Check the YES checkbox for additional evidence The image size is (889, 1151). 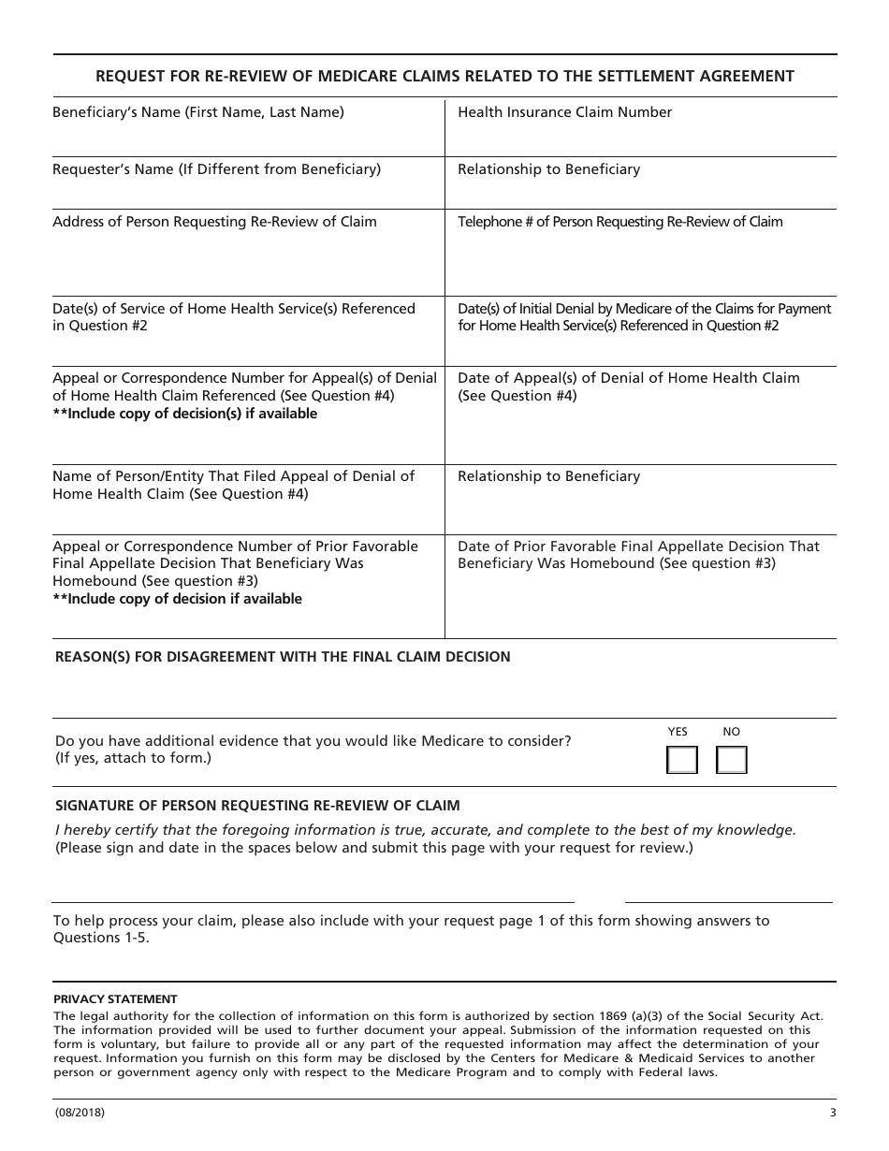point(681,760)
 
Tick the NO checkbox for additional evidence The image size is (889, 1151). point(731,760)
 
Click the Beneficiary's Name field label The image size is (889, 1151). point(198,112)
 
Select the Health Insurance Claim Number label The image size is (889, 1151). point(564,112)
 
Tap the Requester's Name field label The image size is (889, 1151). point(216,169)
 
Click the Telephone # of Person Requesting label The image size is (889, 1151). point(619,222)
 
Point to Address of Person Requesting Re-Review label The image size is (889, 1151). point(214,222)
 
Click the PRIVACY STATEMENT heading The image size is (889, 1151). point(115,999)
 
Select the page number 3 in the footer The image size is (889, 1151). point(832,1113)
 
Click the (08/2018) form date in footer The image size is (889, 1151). point(80,1113)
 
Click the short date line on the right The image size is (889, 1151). point(728,901)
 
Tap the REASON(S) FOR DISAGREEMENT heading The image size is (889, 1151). point(283,657)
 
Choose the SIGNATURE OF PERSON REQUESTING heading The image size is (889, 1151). point(257,805)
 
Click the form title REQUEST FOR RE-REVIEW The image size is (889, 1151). point(444,76)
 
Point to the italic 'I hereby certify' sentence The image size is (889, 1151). point(425,830)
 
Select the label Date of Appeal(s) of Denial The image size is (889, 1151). point(628,378)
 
